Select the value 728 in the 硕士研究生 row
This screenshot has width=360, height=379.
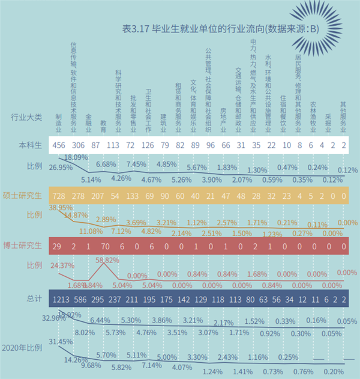[x=59, y=195]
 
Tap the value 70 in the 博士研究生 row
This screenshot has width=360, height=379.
[x=104, y=245]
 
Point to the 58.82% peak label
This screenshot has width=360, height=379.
[x=106, y=260]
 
